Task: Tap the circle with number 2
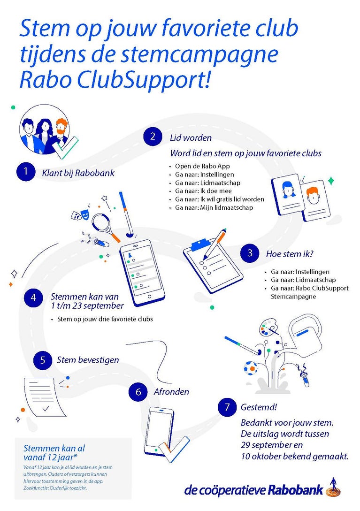point(153,136)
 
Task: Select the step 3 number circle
point(250,253)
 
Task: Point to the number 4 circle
point(33,297)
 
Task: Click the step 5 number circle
point(43,360)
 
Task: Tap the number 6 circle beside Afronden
point(138,392)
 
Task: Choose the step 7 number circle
point(227,407)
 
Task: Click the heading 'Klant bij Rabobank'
point(78,173)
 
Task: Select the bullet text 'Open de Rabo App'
point(202,166)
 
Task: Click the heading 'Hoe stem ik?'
point(290,254)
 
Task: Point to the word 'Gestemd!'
point(259,407)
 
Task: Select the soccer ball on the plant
point(251,368)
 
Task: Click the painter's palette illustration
point(268,328)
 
